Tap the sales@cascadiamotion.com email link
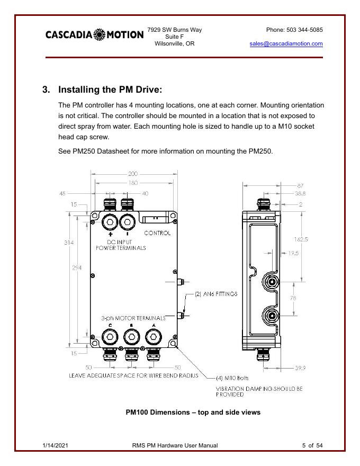[x=286, y=44]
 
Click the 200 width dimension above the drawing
[x=132, y=174]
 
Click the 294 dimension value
[x=78, y=268]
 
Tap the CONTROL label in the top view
[x=158, y=233]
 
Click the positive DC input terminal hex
[x=111, y=221]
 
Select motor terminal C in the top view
[x=110, y=336]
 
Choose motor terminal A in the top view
[x=153, y=336]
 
